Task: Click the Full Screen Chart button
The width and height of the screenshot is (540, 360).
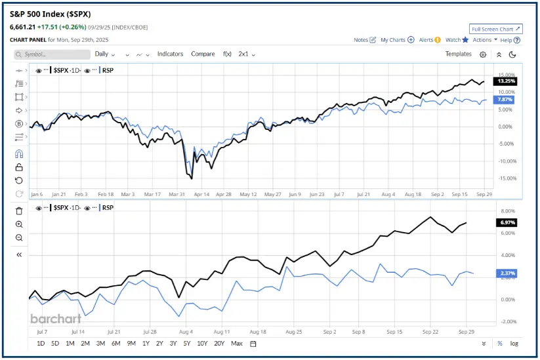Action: point(496,29)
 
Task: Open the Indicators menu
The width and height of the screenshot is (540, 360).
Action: point(170,54)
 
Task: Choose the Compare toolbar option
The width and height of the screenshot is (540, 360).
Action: point(203,54)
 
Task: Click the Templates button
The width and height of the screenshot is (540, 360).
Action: point(458,54)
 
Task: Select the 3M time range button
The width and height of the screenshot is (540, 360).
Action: point(100,344)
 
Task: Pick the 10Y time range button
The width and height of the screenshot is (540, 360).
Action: point(203,344)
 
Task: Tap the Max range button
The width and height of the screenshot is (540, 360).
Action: point(237,344)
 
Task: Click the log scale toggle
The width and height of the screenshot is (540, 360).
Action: point(514,344)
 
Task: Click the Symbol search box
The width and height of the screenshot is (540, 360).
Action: point(56,54)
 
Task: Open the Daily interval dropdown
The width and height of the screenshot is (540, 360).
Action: point(104,54)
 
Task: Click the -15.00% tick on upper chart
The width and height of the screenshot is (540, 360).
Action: point(507,178)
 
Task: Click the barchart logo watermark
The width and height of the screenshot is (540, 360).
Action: point(56,319)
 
